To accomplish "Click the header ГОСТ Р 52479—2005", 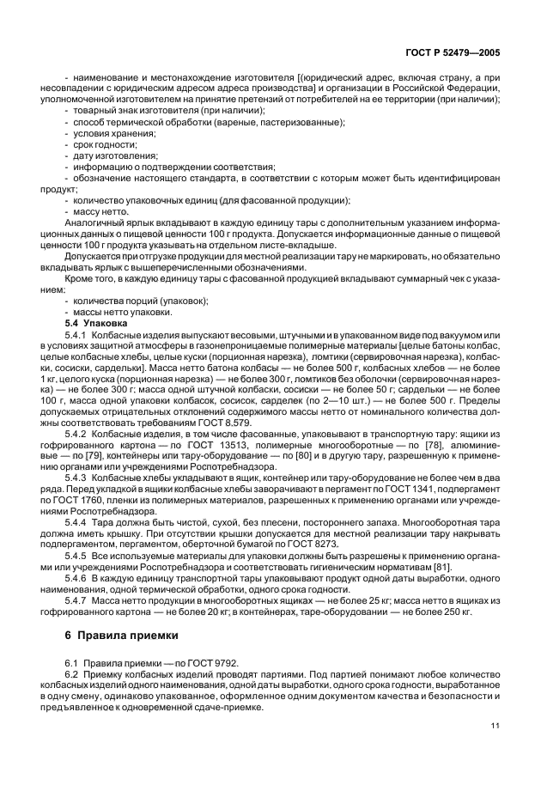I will click(x=454, y=53).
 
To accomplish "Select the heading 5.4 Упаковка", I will click(x=94, y=323).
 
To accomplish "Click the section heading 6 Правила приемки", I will click(x=121, y=636).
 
